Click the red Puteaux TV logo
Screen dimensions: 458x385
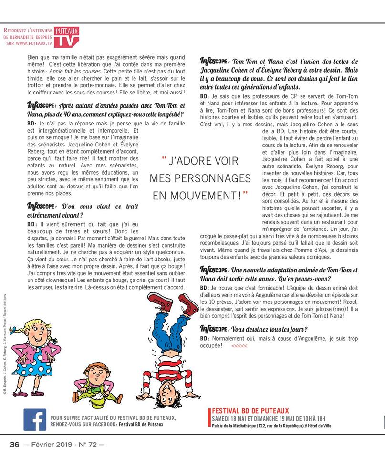click(67, 37)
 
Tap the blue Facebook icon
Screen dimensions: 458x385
click(35, 420)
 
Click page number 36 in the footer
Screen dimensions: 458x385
click(15, 444)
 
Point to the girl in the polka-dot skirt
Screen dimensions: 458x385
click(34, 355)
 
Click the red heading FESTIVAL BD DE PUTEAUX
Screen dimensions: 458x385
click(250, 411)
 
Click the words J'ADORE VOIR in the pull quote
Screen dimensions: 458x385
click(200, 161)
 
